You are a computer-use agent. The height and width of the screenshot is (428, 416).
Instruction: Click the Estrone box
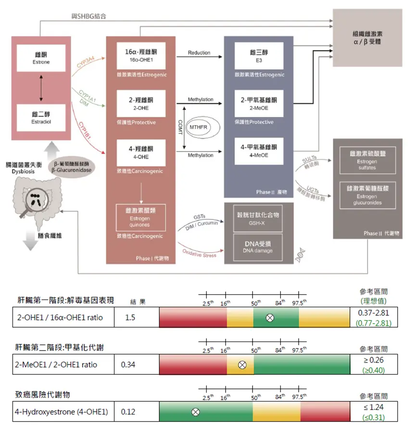[41, 58]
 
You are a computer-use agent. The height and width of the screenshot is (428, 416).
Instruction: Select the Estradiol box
[41, 118]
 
